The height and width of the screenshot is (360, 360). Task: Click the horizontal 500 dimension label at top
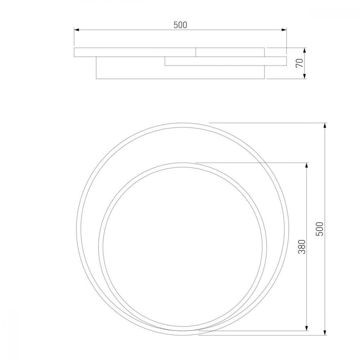pyautogui.click(x=180, y=25)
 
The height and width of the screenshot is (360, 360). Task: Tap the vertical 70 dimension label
pyautogui.click(x=300, y=63)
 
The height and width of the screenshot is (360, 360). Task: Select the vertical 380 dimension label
pyautogui.click(x=302, y=247)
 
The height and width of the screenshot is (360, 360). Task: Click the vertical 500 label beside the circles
pyautogui.click(x=320, y=229)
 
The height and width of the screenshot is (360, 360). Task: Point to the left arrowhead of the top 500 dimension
pyautogui.click(x=76, y=30)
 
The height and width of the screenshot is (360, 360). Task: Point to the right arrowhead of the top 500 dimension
pyautogui.click(x=284, y=30)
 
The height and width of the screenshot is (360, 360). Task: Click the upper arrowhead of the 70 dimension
pyautogui.click(x=305, y=50)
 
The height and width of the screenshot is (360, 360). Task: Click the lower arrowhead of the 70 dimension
pyautogui.click(x=305, y=76)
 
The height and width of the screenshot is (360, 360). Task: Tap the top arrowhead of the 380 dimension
pyautogui.click(x=306, y=165)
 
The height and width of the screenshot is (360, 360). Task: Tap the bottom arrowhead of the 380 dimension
pyautogui.click(x=306, y=328)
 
